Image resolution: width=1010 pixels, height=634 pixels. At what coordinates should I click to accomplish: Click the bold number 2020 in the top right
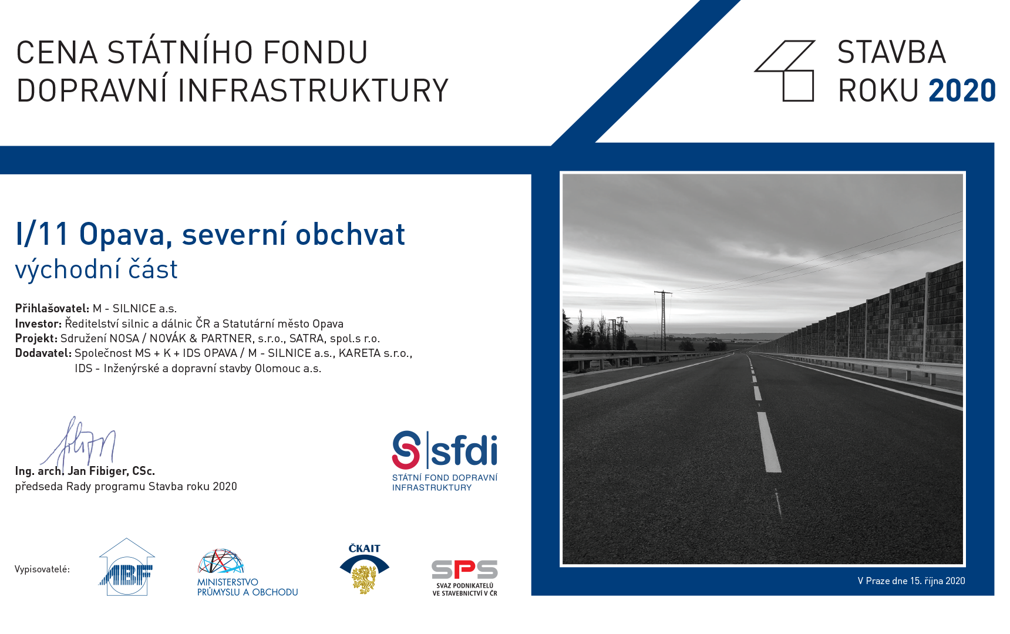pyautogui.click(x=962, y=90)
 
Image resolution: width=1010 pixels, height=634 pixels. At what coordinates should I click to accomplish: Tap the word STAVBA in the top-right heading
pyautogui.click(x=891, y=52)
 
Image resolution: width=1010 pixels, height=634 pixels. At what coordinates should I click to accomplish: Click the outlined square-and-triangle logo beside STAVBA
pyautogui.click(x=785, y=70)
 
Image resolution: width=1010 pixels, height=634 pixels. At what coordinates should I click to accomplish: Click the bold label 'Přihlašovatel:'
pyautogui.click(x=52, y=308)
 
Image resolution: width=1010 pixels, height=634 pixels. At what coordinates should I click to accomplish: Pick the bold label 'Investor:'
pyautogui.click(x=38, y=323)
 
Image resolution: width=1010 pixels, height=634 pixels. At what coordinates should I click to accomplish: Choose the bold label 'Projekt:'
pyautogui.click(x=36, y=339)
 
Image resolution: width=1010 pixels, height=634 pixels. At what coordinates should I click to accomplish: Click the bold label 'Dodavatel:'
pyautogui.click(x=43, y=353)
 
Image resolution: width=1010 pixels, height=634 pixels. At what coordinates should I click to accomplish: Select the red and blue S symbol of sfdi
pyautogui.click(x=406, y=450)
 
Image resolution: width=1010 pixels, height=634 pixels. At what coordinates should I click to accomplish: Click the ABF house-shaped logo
pyautogui.click(x=127, y=567)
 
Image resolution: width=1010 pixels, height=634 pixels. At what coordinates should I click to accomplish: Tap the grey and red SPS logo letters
pyautogui.click(x=464, y=569)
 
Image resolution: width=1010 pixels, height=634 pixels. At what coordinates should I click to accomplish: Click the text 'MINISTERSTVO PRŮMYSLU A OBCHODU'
pyautogui.click(x=247, y=587)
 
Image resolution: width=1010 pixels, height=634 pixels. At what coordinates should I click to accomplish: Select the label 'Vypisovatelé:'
pyautogui.click(x=42, y=569)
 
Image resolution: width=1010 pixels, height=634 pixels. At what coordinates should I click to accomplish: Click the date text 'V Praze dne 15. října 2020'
pyautogui.click(x=911, y=581)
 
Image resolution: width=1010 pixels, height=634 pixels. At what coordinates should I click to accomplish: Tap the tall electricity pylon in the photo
pyautogui.click(x=664, y=321)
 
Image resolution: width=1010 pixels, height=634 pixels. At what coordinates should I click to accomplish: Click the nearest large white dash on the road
pyautogui.click(x=769, y=442)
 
